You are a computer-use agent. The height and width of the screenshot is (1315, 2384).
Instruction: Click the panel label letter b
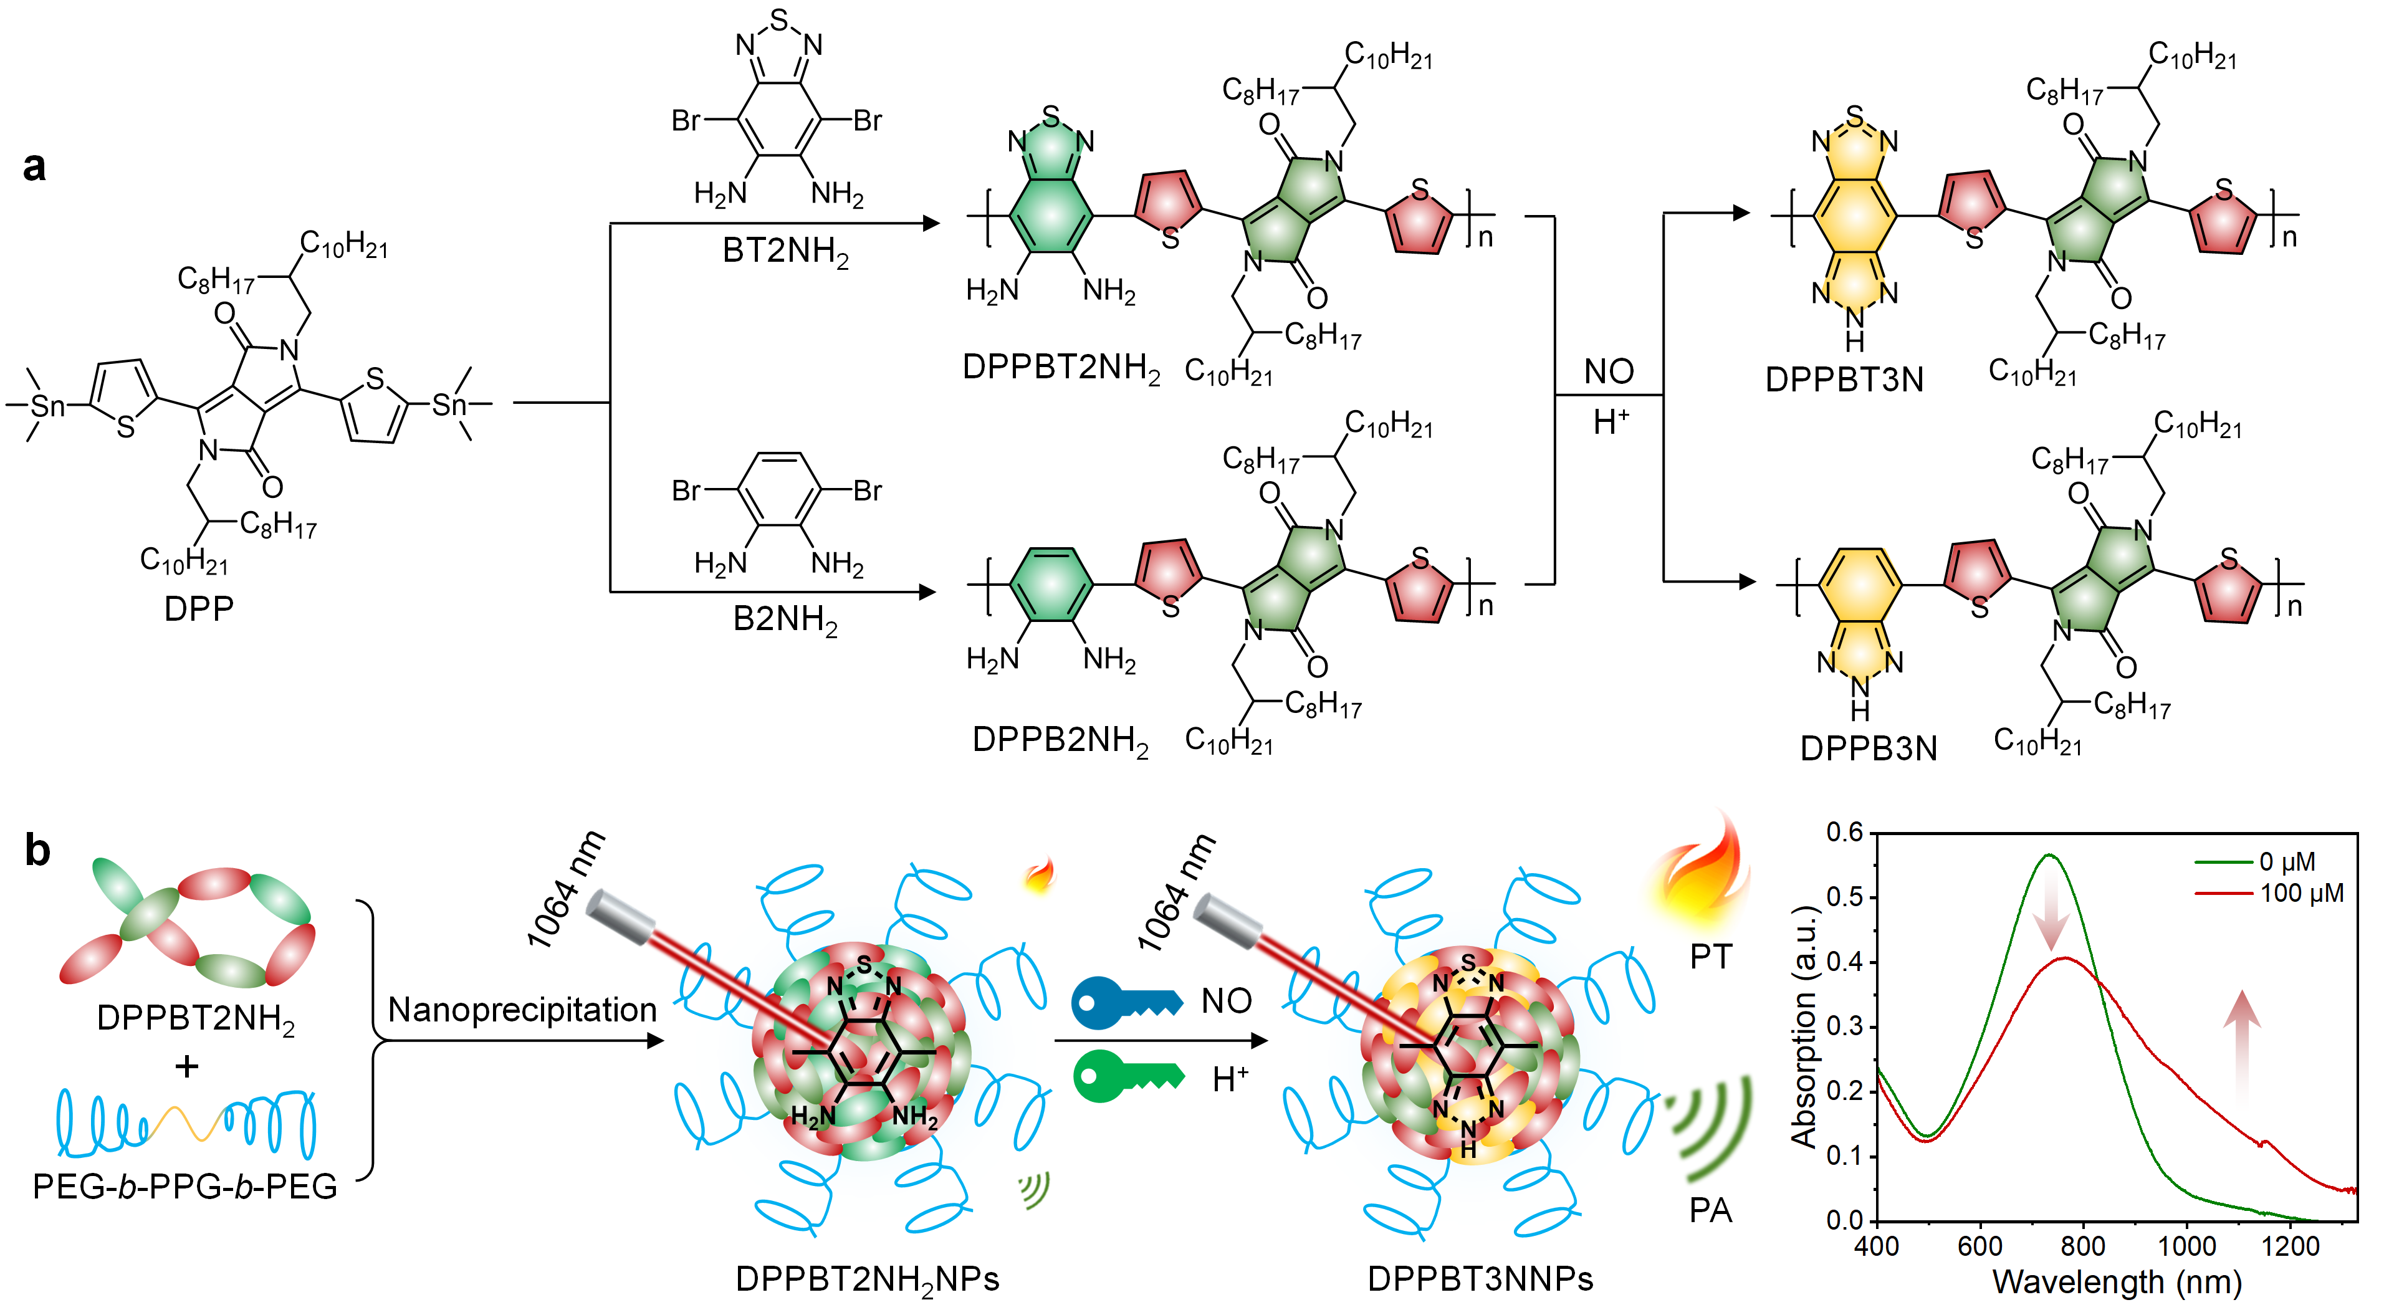coord(37,849)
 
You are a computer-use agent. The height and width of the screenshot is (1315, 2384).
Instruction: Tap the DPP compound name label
coord(198,608)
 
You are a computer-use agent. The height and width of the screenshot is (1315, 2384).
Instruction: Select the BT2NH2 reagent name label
coord(785,252)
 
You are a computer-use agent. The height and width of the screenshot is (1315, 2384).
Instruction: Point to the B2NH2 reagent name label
coord(785,619)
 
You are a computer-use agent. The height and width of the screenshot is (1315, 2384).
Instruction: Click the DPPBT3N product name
coord(1844,380)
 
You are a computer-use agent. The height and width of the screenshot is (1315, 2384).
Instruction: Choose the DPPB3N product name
coord(1867,748)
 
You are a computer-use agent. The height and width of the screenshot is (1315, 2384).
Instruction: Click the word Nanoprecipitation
coord(522,1010)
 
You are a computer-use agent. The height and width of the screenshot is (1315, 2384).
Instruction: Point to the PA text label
coord(1710,1210)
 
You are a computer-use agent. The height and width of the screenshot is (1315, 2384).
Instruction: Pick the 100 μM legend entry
coord(2300,894)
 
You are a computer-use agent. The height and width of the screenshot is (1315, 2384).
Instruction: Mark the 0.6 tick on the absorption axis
coord(1844,833)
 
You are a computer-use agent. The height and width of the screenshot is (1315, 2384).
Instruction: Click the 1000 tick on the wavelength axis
coord(2186,1246)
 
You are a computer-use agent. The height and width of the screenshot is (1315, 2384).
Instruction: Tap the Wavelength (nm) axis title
coord(2117,1283)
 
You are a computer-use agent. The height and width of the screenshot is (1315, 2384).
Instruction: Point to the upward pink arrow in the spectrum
coord(2241,1046)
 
